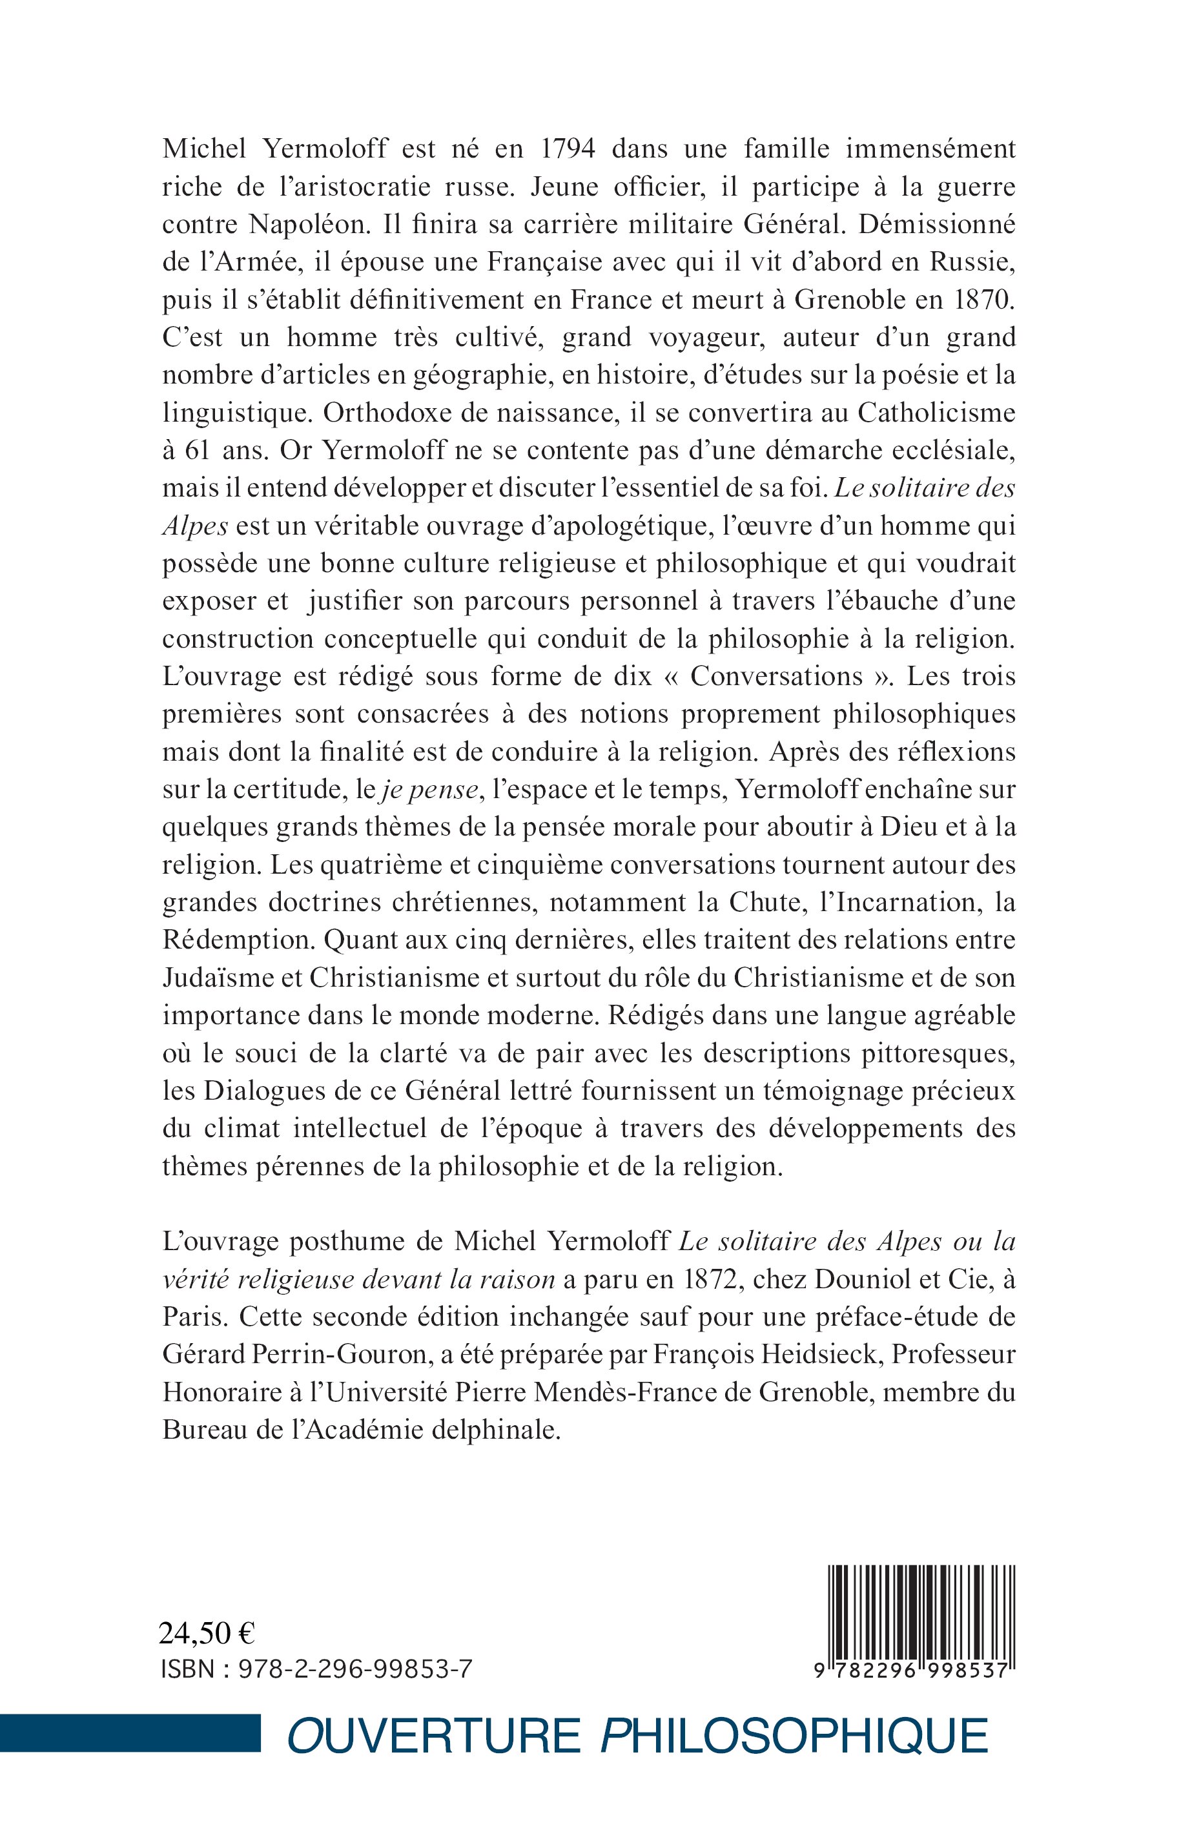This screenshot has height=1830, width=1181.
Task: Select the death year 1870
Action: point(984,299)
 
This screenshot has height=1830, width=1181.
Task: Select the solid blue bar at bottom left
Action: point(130,1732)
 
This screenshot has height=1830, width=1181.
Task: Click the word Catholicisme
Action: point(936,413)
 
